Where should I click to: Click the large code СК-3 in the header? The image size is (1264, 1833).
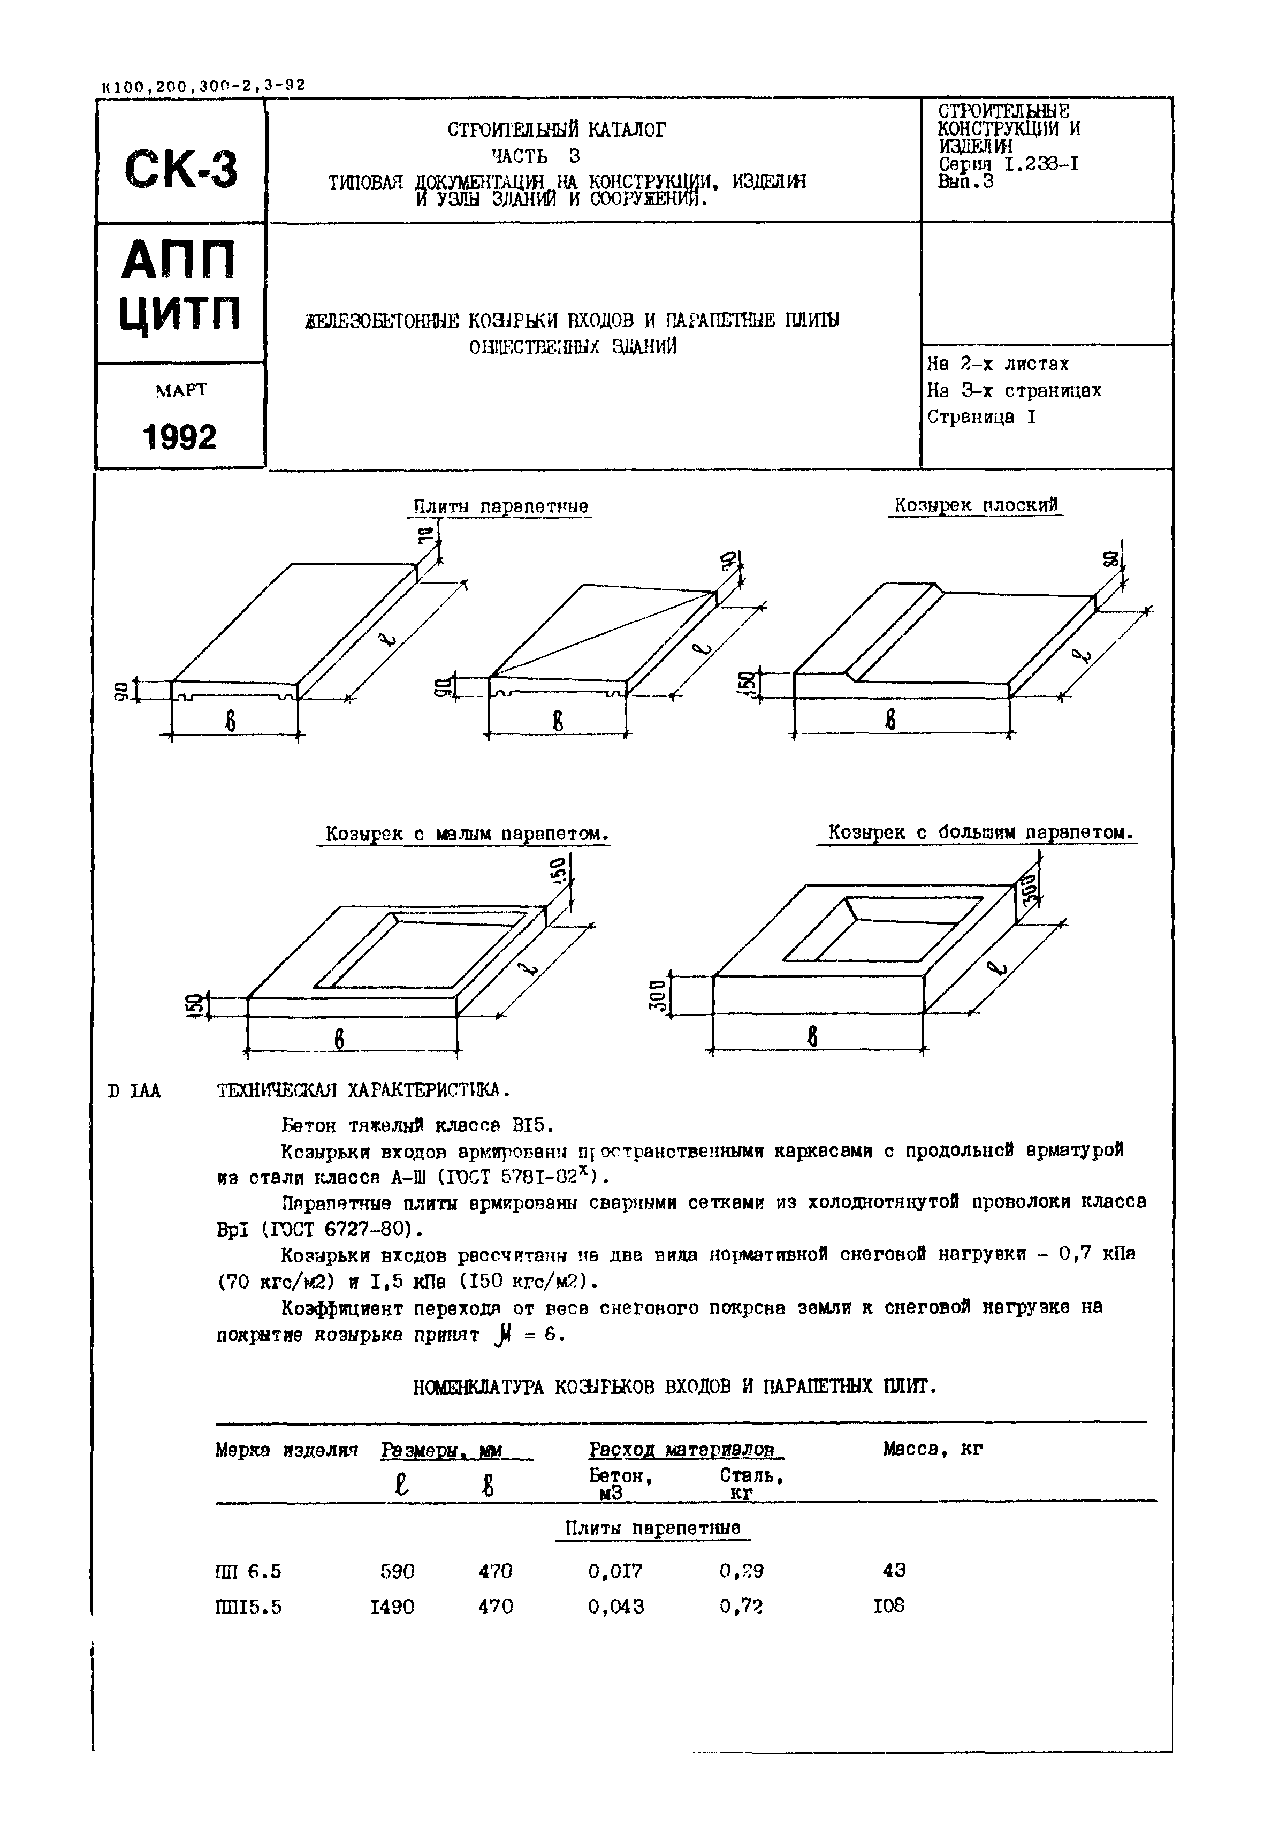(x=180, y=169)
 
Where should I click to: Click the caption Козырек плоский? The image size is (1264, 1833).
(x=976, y=505)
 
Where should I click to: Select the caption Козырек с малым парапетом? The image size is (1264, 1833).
(x=467, y=834)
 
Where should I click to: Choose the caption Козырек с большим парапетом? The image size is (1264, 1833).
(x=980, y=832)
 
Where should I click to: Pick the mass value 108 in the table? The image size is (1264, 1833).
(x=889, y=1605)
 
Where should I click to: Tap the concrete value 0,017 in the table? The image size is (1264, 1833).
(x=615, y=1570)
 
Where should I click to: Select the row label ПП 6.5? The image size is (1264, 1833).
(x=248, y=1571)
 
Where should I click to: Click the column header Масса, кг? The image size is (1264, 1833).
(x=932, y=1449)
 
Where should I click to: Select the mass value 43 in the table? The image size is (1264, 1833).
(x=894, y=1569)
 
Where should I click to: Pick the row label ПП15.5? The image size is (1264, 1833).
(x=248, y=1607)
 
